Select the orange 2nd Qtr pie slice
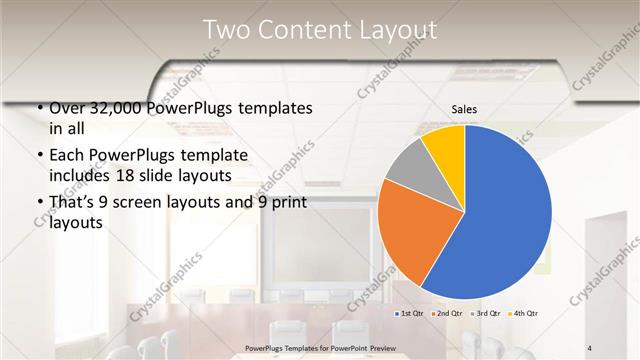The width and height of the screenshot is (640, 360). [x=405, y=230]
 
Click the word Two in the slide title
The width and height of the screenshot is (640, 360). [x=225, y=30]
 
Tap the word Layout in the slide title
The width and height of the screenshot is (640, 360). [x=400, y=30]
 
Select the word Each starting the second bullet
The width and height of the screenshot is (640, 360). [x=67, y=155]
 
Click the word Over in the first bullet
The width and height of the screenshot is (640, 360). [x=67, y=108]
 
